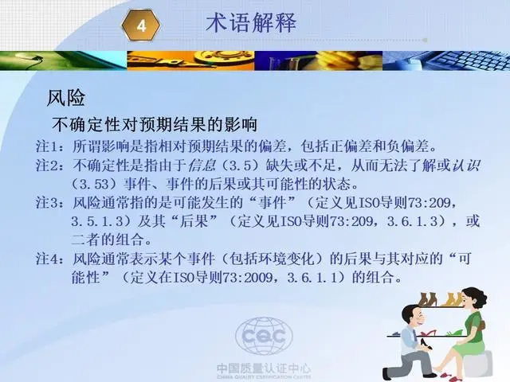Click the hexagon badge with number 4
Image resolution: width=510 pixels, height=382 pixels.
click(141, 25)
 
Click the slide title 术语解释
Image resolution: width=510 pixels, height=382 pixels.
click(251, 22)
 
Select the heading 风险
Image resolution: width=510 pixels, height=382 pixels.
click(66, 97)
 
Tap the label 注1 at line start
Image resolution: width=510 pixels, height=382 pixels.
click(46, 146)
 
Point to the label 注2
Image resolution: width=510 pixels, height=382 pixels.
click(47, 166)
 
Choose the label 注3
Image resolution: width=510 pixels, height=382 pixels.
click(47, 203)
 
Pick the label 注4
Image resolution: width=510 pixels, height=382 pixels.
click(47, 259)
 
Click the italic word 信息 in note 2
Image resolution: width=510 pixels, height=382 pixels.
click(202, 166)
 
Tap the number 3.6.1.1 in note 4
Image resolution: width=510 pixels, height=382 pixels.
click(312, 278)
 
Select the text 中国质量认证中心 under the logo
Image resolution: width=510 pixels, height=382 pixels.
click(264, 368)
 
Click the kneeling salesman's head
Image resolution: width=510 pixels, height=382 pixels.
click(414, 317)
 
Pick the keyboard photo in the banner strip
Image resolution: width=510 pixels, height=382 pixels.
click(446, 60)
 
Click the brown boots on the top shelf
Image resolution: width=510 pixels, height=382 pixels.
click(427, 299)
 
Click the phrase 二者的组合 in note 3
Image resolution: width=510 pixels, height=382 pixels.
click(107, 240)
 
